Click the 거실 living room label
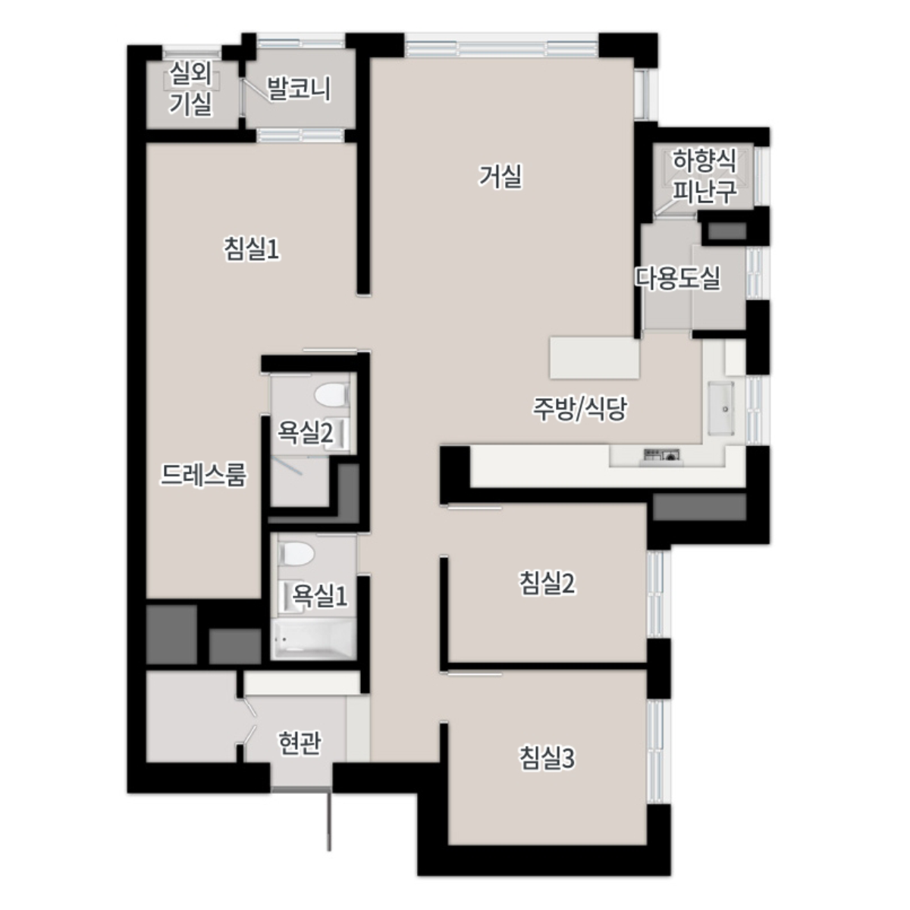point(500,177)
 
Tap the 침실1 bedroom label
point(252,249)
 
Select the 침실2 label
point(548,583)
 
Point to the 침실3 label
point(548,758)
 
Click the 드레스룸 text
point(203,475)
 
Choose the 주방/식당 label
point(580,409)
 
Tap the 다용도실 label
point(678,278)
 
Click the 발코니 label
point(299,88)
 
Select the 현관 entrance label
point(300,743)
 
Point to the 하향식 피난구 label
point(704,176)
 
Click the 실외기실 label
point(191,88)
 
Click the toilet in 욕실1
point(297,554)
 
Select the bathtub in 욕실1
point(313,640)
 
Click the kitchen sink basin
point(721,407)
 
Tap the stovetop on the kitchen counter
point(662,455)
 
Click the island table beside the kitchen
point(595,357)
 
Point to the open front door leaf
point(329,821)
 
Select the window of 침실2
point(656,594)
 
